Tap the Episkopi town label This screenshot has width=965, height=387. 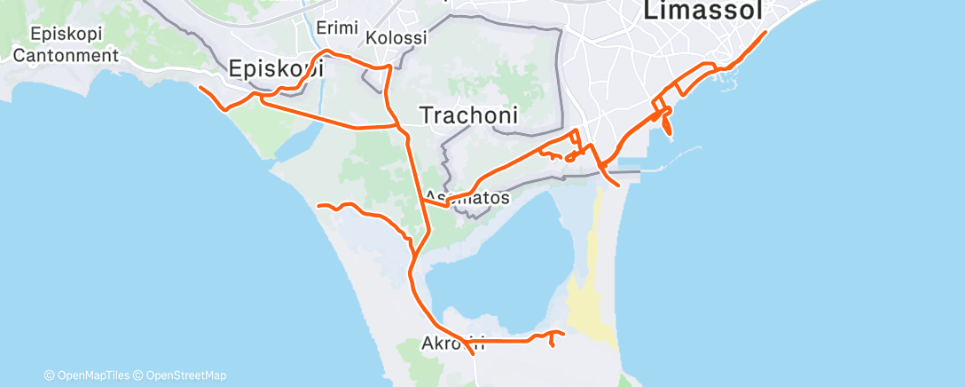276,68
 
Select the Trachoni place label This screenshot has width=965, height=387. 468,115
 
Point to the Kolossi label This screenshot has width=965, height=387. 396,38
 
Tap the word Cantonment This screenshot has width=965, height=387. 67,55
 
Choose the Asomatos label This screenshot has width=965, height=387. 467,198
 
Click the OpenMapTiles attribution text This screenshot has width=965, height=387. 90,375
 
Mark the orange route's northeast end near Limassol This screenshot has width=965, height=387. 765,33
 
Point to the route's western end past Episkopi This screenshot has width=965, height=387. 200,87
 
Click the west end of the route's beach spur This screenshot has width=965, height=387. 318,205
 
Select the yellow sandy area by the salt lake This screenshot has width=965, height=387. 589,306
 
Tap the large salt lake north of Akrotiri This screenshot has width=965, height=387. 497,284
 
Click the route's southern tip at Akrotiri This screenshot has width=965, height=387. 472,353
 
